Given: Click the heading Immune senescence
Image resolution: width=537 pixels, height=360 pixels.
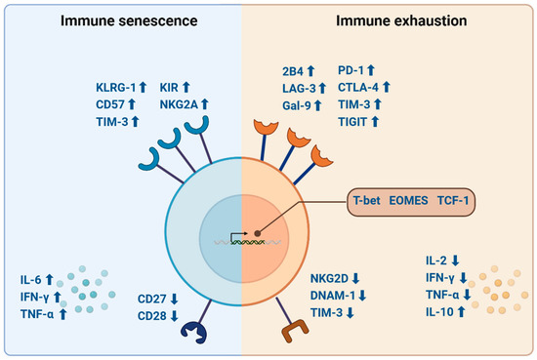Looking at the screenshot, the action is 129,20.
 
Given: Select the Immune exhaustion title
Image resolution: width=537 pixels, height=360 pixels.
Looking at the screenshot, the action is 401,20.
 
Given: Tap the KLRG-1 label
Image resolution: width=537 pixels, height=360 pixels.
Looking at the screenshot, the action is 116,88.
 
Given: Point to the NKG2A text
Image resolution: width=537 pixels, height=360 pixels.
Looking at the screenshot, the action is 179,104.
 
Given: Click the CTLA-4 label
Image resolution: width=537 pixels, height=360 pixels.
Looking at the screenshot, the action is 358,87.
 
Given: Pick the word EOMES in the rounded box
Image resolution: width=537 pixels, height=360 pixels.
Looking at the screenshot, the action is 408,201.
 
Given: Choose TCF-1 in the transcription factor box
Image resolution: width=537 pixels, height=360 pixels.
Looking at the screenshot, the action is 453,201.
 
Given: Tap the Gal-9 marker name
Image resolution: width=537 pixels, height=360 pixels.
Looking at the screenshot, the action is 297,105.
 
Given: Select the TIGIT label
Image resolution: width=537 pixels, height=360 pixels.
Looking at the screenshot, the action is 352,122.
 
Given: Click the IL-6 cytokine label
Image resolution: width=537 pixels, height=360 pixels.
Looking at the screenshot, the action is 31,280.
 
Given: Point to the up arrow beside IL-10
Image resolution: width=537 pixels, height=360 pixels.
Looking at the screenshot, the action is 461,312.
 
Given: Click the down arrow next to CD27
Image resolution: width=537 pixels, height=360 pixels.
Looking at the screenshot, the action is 174,299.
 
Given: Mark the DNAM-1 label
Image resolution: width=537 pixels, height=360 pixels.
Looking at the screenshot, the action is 333,296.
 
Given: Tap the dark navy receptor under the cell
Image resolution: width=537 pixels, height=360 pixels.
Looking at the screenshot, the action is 194,333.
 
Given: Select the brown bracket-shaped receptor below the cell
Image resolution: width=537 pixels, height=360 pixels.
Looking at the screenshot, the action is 295,331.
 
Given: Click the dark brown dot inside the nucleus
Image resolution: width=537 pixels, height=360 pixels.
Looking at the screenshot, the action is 257,233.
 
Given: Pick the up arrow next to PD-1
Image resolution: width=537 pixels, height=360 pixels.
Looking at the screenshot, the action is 371,70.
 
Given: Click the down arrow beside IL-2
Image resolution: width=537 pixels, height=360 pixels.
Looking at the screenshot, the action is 455,260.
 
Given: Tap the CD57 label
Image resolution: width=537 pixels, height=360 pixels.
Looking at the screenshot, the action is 110,104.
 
